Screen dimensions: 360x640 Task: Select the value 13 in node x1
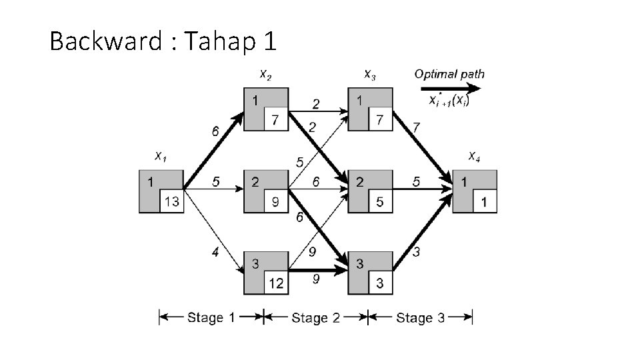coord(171,202)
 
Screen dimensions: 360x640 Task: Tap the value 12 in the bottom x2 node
coord(276,283)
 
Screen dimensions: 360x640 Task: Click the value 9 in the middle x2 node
coord(276,202)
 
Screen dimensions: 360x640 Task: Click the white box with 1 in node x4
coord(485,202)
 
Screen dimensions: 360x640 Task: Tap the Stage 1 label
coord(211,317)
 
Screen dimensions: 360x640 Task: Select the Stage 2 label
coord(315,317)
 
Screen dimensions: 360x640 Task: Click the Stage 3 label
coord(420,317)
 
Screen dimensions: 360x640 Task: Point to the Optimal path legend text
coord(449,74)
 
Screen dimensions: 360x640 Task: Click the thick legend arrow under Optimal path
coord(451,88)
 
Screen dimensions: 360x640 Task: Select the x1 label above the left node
coord(160,157)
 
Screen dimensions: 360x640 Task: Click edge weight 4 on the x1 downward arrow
coord(214,253)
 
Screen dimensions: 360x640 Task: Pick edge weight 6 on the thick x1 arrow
coord(215,132)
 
